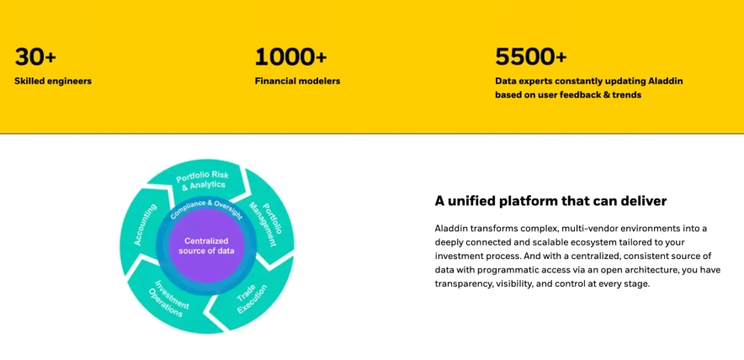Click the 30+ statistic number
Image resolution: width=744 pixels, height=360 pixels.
(x=35, y=56)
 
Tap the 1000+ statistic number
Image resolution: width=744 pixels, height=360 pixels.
(x=291, y=56)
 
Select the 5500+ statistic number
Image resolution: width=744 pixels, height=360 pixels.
(x=531, y=56)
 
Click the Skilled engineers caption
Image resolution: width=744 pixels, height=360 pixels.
(x=53, y=81)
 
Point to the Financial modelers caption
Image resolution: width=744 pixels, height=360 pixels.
(x=297, y=81)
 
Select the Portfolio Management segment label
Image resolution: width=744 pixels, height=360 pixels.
(x=267, y=222)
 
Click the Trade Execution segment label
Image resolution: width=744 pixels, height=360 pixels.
(x=252, y=299)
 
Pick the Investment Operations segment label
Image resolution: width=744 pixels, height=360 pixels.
(x=169, y=299)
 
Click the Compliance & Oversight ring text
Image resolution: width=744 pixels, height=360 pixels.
(x=206, y=207)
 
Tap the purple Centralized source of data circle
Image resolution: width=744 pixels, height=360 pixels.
(x=206, y=246)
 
